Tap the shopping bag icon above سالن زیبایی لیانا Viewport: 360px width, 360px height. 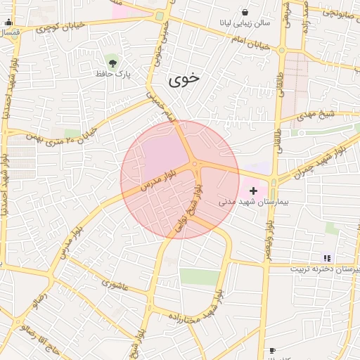point(245,13)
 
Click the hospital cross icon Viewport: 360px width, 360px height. point(253,191)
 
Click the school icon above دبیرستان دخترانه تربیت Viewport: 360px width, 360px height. point(326,257)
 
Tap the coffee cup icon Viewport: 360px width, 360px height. point(272,349)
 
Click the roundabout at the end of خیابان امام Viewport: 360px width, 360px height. point(281,50)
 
